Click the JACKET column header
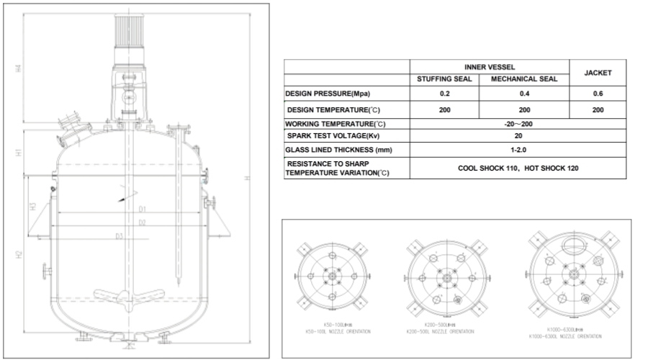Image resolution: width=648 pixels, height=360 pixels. coord(597,73)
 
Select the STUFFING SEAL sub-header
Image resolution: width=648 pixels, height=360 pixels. coord(444,79)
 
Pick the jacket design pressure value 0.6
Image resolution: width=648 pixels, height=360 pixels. coord(597,94)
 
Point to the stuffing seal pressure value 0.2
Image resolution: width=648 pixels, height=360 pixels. coord(444,94)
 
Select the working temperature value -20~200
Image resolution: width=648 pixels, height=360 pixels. coord(518,124)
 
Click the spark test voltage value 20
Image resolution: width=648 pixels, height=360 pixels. coord(518,136)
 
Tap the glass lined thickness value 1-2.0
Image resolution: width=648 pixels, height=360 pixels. coord(518,150)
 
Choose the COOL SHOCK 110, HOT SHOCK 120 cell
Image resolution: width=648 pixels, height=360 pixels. coord(518,168)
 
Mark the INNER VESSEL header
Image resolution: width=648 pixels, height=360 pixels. coord(489,66)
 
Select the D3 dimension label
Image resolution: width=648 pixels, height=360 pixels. coord(119,235)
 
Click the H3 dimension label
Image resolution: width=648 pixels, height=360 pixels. coord(33,207)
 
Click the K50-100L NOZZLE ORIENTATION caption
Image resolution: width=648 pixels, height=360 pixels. coord(336,331)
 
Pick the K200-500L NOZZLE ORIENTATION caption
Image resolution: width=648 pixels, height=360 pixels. coord(440,331)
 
